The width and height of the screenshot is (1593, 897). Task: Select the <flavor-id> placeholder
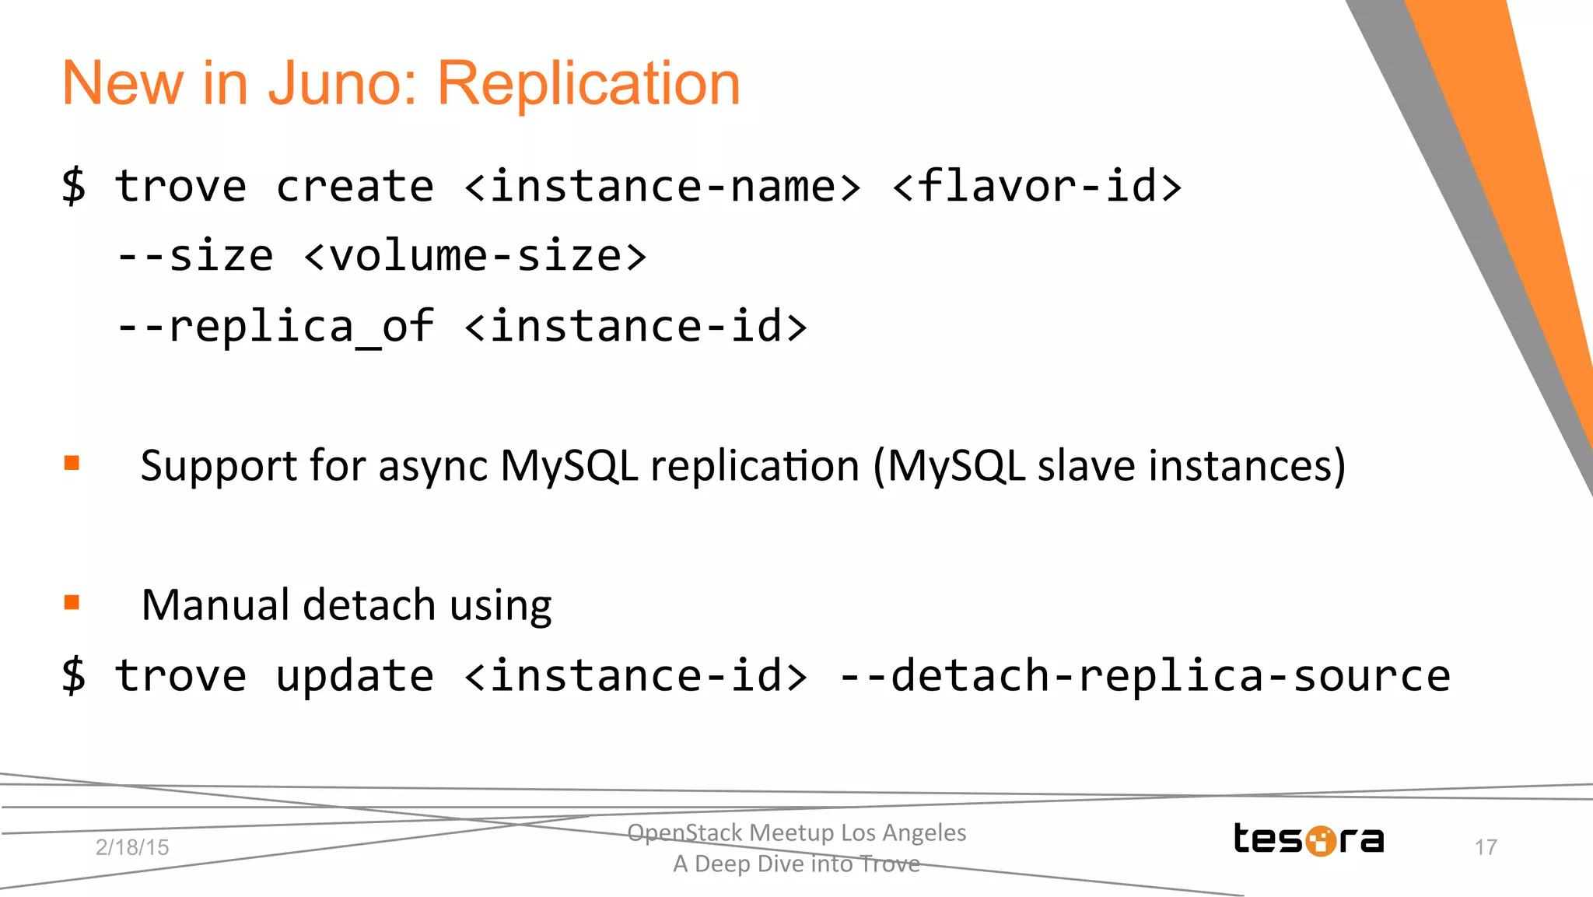1037,187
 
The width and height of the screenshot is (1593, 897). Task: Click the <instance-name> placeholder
663,187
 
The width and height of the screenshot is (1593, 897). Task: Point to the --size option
195,257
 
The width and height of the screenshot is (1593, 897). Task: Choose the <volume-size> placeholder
475,257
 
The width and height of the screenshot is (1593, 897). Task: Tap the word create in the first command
355,187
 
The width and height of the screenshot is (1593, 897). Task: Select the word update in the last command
355,675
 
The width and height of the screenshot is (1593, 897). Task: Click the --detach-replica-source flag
1145,675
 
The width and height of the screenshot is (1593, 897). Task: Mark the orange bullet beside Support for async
72,464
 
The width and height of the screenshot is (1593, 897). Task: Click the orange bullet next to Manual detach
72,603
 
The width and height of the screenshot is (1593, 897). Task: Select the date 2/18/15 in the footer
132,847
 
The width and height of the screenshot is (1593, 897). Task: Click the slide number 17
1486,847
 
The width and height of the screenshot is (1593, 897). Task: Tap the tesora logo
1308,839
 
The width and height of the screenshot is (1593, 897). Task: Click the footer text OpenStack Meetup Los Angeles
796,832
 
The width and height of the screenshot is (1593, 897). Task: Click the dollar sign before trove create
74,187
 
